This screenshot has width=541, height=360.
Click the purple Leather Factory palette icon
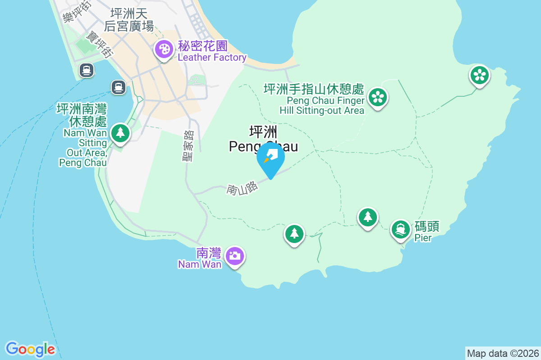coord(164,49)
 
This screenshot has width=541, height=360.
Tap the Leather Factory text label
coord(212,58)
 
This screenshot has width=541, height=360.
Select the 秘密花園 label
coord(203,46)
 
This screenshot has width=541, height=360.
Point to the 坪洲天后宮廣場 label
coord(129,19)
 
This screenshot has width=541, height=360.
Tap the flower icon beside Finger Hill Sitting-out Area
coord(377,97)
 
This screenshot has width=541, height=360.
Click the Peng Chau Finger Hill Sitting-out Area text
coord(321,105)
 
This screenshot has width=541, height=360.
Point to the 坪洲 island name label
coord(263,132)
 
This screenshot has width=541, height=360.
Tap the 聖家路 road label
coord(188,146)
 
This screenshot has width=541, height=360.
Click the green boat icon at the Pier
coord(400,229)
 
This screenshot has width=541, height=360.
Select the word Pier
coord(423,238)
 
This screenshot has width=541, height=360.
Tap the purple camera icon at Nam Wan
coord(234,256)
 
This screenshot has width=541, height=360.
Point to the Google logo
coord(30,349)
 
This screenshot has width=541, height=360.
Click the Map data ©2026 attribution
coord(503,353)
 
